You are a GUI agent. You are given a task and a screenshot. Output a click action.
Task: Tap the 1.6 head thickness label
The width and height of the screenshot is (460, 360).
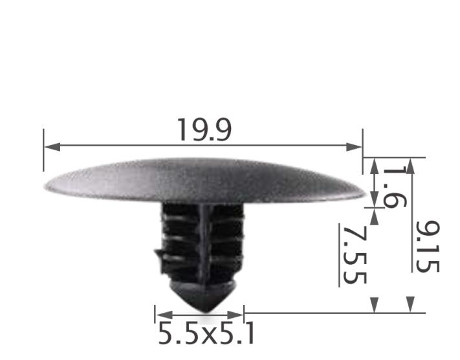pyautogui.click(x=394, y=186)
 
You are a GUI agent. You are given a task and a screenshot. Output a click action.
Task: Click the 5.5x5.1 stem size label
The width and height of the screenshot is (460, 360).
pyautogui.click(x=206, y=335)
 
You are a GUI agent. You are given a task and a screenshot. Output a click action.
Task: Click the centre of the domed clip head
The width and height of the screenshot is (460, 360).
pyautogui.click(x=204, y=181)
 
